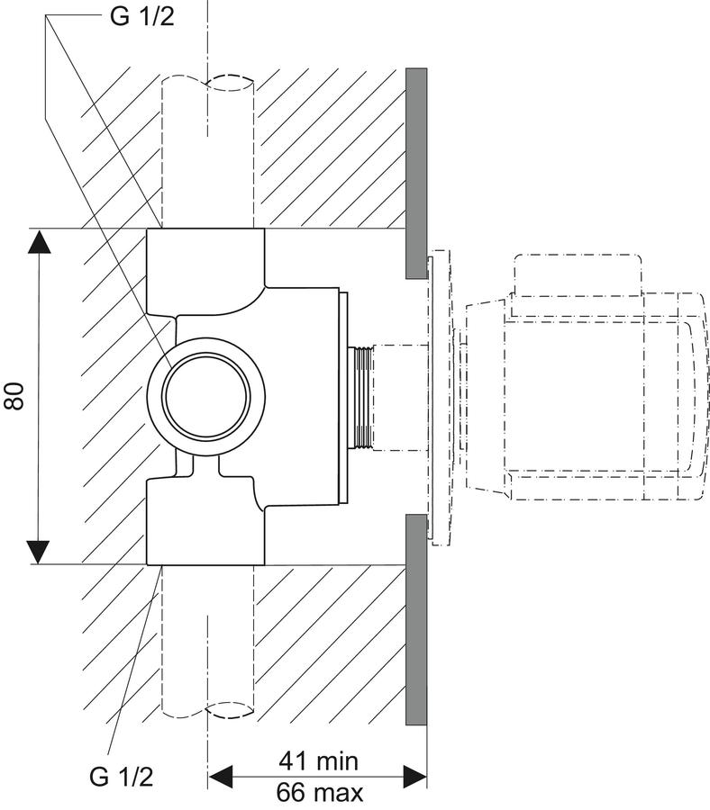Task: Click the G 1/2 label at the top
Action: [x=141, y=16]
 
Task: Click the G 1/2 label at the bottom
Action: [x=122, y=777]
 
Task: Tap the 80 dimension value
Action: [x=14, y=396]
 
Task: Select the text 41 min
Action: [x=319, y=760]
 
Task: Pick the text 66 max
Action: [x=320, y=792]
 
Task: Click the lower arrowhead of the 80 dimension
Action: [x=38, y=552]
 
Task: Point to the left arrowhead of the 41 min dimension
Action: [x=220, y=777]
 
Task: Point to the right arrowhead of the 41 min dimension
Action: [x=415, y=777]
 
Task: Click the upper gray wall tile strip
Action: [x=416, y=173]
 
